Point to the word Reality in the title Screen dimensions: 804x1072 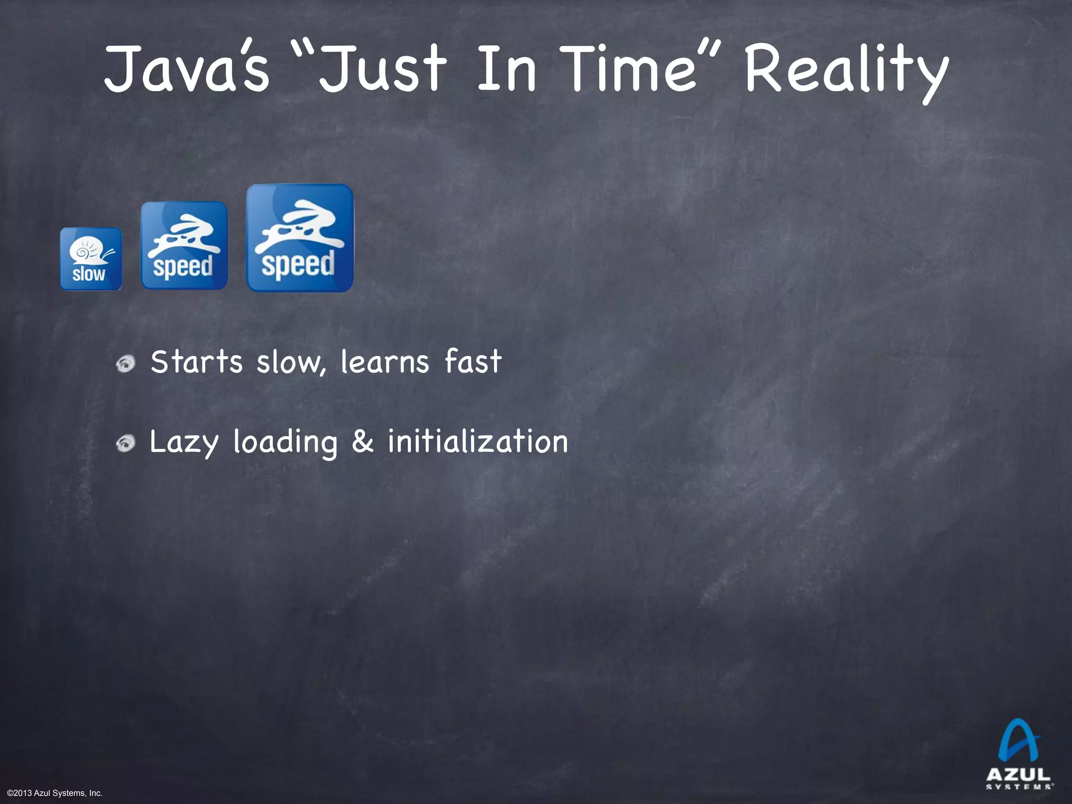[846, 71]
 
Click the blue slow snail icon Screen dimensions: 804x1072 [91, 259]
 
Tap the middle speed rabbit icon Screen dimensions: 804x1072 [184, 245]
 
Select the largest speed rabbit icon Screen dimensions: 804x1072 [300, 238]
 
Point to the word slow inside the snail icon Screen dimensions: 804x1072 [88, 274]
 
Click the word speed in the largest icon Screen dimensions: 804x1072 [298, 263]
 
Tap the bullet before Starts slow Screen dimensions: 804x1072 [126, 363]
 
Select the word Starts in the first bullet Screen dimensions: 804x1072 [197, 362]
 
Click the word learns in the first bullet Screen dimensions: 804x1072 [385, 362]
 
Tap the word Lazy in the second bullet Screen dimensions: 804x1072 [184, 443]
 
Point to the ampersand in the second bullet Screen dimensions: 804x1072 [362, 441]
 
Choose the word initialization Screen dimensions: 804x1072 [477, 441]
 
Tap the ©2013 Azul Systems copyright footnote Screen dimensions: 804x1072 [55, 793]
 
